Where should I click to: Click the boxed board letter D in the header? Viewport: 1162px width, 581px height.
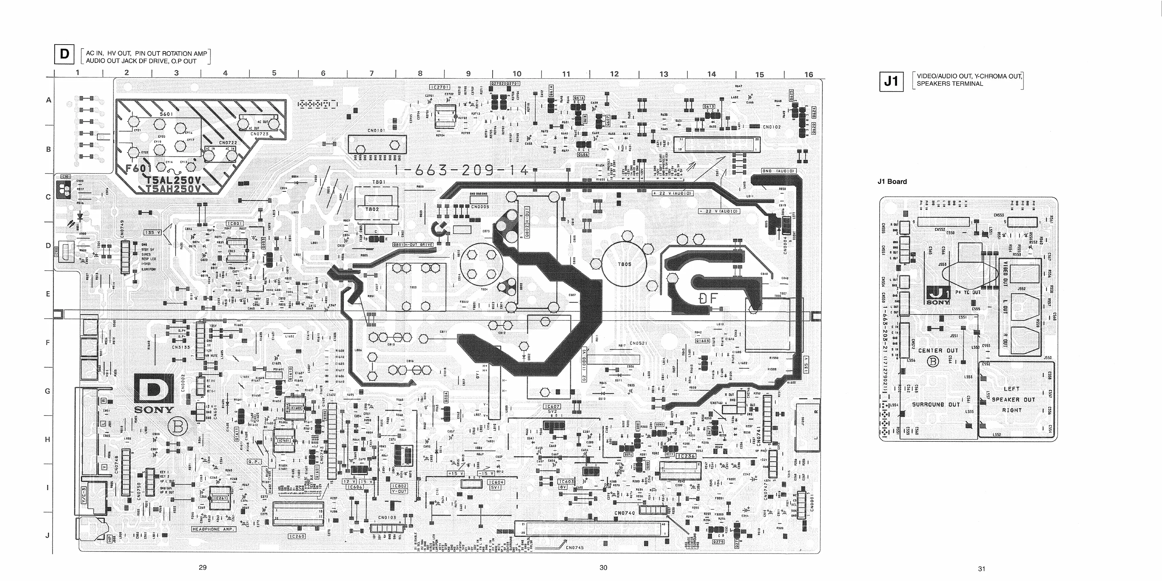pyautogui.click(x=64, y=54)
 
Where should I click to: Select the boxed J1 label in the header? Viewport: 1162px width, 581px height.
pyautogui.click(x=891, y=81)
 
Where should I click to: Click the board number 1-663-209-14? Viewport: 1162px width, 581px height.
pyautogui.click(x=461, y=170)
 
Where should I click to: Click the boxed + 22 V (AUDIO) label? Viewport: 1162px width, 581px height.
pyautogui.click(x=673, y=193)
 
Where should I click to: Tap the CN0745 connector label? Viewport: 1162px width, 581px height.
pyautogui.click(x=574, y=548)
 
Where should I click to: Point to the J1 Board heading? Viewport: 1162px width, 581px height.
pyautogui.click(x=892, y=181)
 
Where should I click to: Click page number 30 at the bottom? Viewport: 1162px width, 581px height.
pyautogui.click(x=603, y=568)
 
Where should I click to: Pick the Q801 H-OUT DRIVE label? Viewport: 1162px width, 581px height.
pyautogui.click(x=412, y=245)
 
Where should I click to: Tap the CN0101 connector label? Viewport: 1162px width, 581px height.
pyautogui.click(x=376, y=130)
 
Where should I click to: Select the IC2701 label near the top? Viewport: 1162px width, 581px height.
pyautogui.click(x=439, y=87)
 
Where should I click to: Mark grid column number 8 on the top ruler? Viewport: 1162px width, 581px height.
pyautogui.click(x=420, y=73)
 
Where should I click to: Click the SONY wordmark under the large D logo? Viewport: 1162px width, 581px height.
pyautogui.click(x=154, y=410)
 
